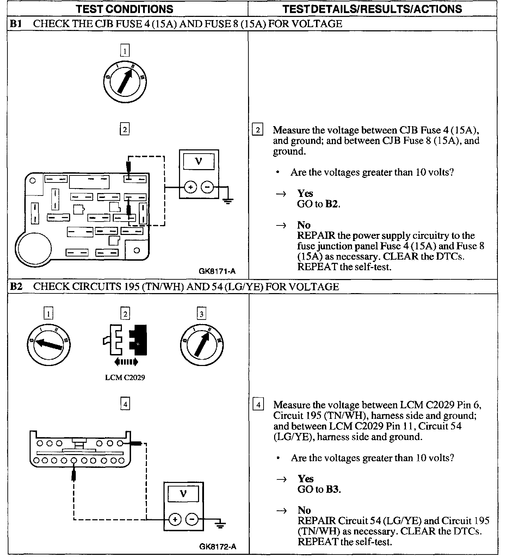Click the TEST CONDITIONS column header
point(125,9)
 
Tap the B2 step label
point(16,286)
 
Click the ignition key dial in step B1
point(125,82)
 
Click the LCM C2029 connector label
point(125,377)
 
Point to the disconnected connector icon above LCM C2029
point(125,340)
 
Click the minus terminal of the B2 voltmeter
point(192,519)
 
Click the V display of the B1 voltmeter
point(199,162)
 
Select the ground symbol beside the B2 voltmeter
point(221,525)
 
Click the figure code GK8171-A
point(217,271)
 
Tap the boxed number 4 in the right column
point(258,405)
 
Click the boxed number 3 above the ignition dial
point(202,314)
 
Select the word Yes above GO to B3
point(305,478)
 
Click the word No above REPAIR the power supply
point(304,225)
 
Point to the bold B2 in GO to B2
point(332,204)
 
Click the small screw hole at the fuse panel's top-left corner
point(32,181)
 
